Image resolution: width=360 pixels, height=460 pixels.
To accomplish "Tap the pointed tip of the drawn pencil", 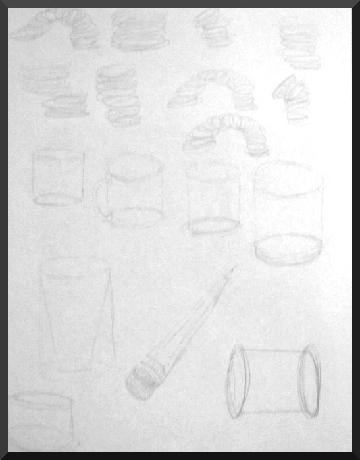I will click(x=232, y=270).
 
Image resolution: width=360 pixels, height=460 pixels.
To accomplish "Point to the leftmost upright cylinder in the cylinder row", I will click(x=58, y=178).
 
